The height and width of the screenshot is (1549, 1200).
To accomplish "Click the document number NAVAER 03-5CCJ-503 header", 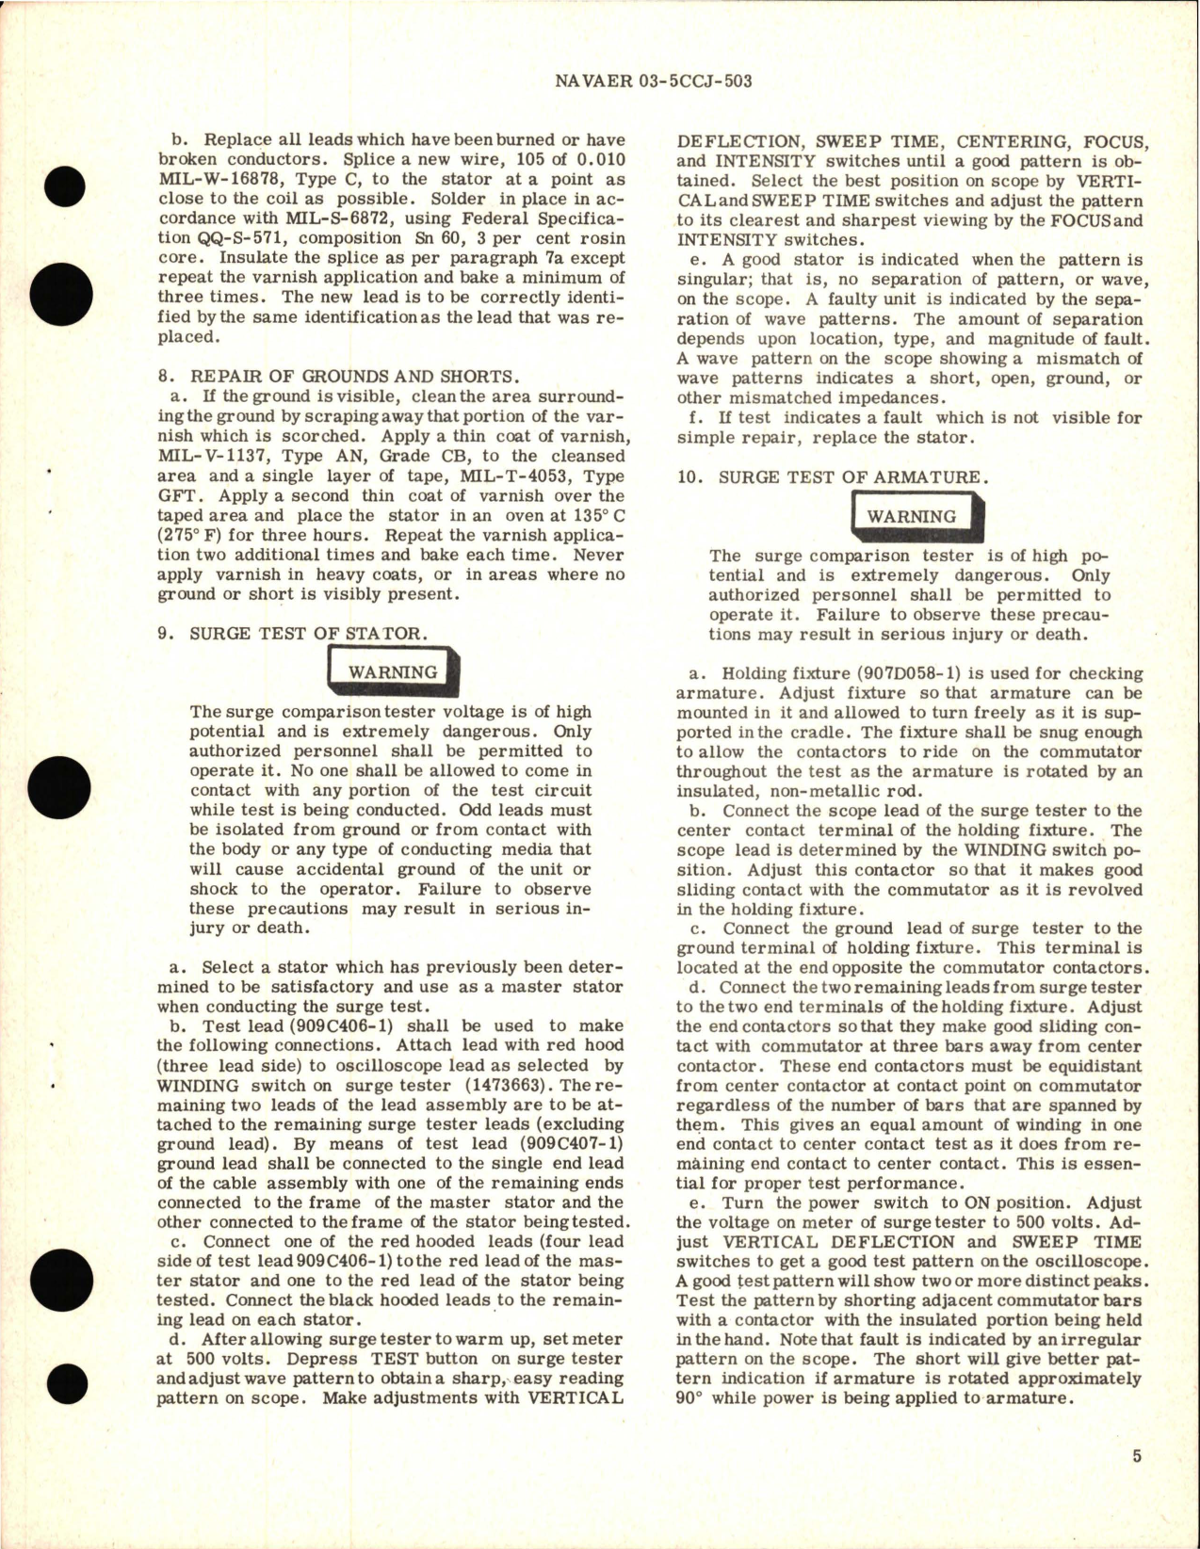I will pyautogui.click(x=648, y=81).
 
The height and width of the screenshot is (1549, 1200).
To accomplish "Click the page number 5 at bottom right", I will pyautogui.click(x=1137, y=1483).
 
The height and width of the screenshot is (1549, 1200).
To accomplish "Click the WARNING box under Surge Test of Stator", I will pyautogui.click(x=393, y=672).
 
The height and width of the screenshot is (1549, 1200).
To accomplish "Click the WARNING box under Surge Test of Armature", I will pyautogui.click(x=911, y=516).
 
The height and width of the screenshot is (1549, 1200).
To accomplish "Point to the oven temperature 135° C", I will pyautogui.click(x=592, y=515).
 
